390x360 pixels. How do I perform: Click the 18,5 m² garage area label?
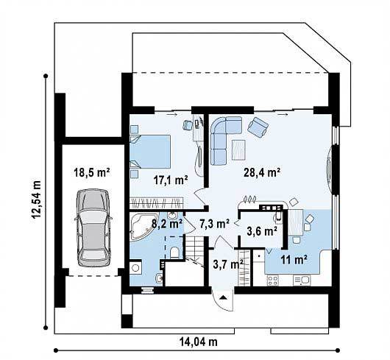(92, 172)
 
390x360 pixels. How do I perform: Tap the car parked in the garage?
(93, 228)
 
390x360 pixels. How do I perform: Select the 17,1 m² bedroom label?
(171, 180)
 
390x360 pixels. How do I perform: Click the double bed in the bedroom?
(150, 152)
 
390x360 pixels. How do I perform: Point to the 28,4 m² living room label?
(262, 172)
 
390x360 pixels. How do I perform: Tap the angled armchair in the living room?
(258, 127)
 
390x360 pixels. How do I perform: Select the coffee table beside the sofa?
(238, 149)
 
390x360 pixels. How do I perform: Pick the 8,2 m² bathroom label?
(166, 224)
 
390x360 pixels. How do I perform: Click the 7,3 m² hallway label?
(214, 224)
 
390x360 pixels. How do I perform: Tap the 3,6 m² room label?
(262, 231)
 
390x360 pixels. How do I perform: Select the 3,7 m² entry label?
(228, 264)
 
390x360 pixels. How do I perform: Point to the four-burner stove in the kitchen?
(272, 280)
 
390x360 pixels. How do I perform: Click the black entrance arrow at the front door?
(223, 297)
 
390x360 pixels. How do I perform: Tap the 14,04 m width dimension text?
(199, 342)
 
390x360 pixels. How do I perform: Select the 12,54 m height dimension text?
(36, 199)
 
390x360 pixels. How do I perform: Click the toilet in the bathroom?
(174, 253)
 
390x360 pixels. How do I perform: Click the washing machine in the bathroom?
(136, 268)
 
